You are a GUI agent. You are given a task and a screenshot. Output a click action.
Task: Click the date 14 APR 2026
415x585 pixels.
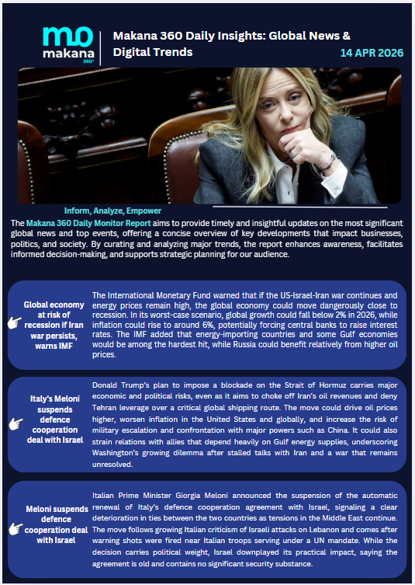coord(372,53)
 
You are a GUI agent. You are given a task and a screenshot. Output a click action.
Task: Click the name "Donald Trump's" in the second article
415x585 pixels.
coord(123,385)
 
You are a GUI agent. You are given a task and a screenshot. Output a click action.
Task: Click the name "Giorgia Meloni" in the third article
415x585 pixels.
coord(198,494)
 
